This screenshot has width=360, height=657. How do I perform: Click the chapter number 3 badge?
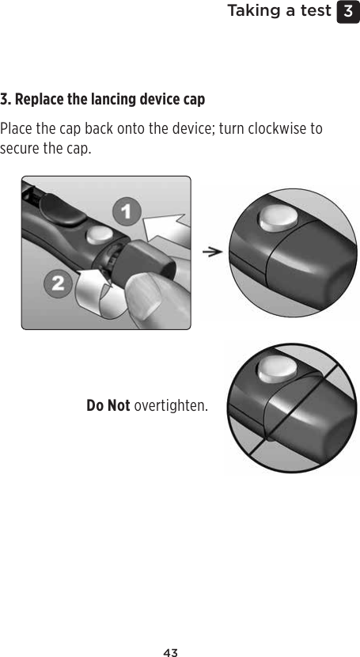[x=347, y=12]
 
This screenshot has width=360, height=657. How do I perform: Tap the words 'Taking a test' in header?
[x=279, y=11]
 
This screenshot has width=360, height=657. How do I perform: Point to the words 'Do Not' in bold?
[x=108, y=406]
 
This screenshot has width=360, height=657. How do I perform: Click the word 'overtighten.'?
[x=172, y=406]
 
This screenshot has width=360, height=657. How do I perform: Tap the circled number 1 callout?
[x=126, y=212]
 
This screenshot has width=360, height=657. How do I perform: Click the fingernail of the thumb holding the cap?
[x=144, y=301]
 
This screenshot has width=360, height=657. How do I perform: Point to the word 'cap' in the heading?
[x=194, y=101]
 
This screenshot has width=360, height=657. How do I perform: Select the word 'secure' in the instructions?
[x=19, y=149]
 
